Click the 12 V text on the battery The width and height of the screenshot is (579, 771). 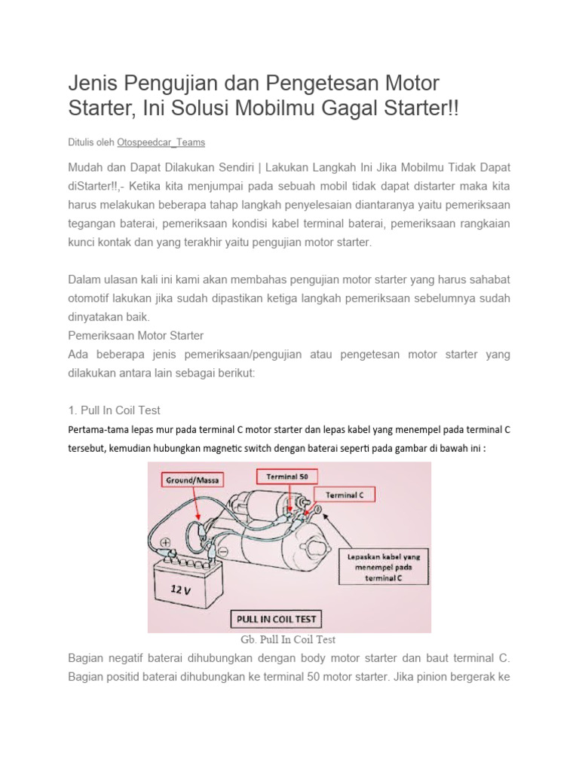tap(181, 590)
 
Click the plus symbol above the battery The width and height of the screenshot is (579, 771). tap(165, 543)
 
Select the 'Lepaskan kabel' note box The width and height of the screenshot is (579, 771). tap(385, 565)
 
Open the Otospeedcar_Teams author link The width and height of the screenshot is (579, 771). tap(161, 142)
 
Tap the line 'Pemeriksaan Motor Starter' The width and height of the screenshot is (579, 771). tap(136, 334)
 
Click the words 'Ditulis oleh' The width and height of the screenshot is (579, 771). tap(91, 142)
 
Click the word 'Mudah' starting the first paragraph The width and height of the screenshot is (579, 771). tap(86, 166)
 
